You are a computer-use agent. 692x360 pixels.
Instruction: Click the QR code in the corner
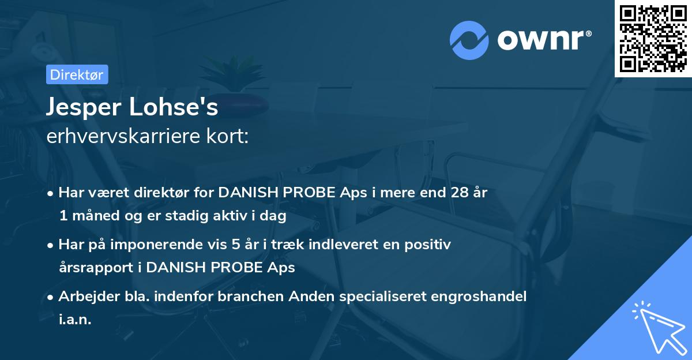pos(653,38)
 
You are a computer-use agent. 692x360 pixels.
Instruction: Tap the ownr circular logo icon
pos(469,40)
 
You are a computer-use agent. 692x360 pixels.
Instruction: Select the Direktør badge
pos(77,74)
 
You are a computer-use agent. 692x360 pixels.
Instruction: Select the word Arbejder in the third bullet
pos(85,296)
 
